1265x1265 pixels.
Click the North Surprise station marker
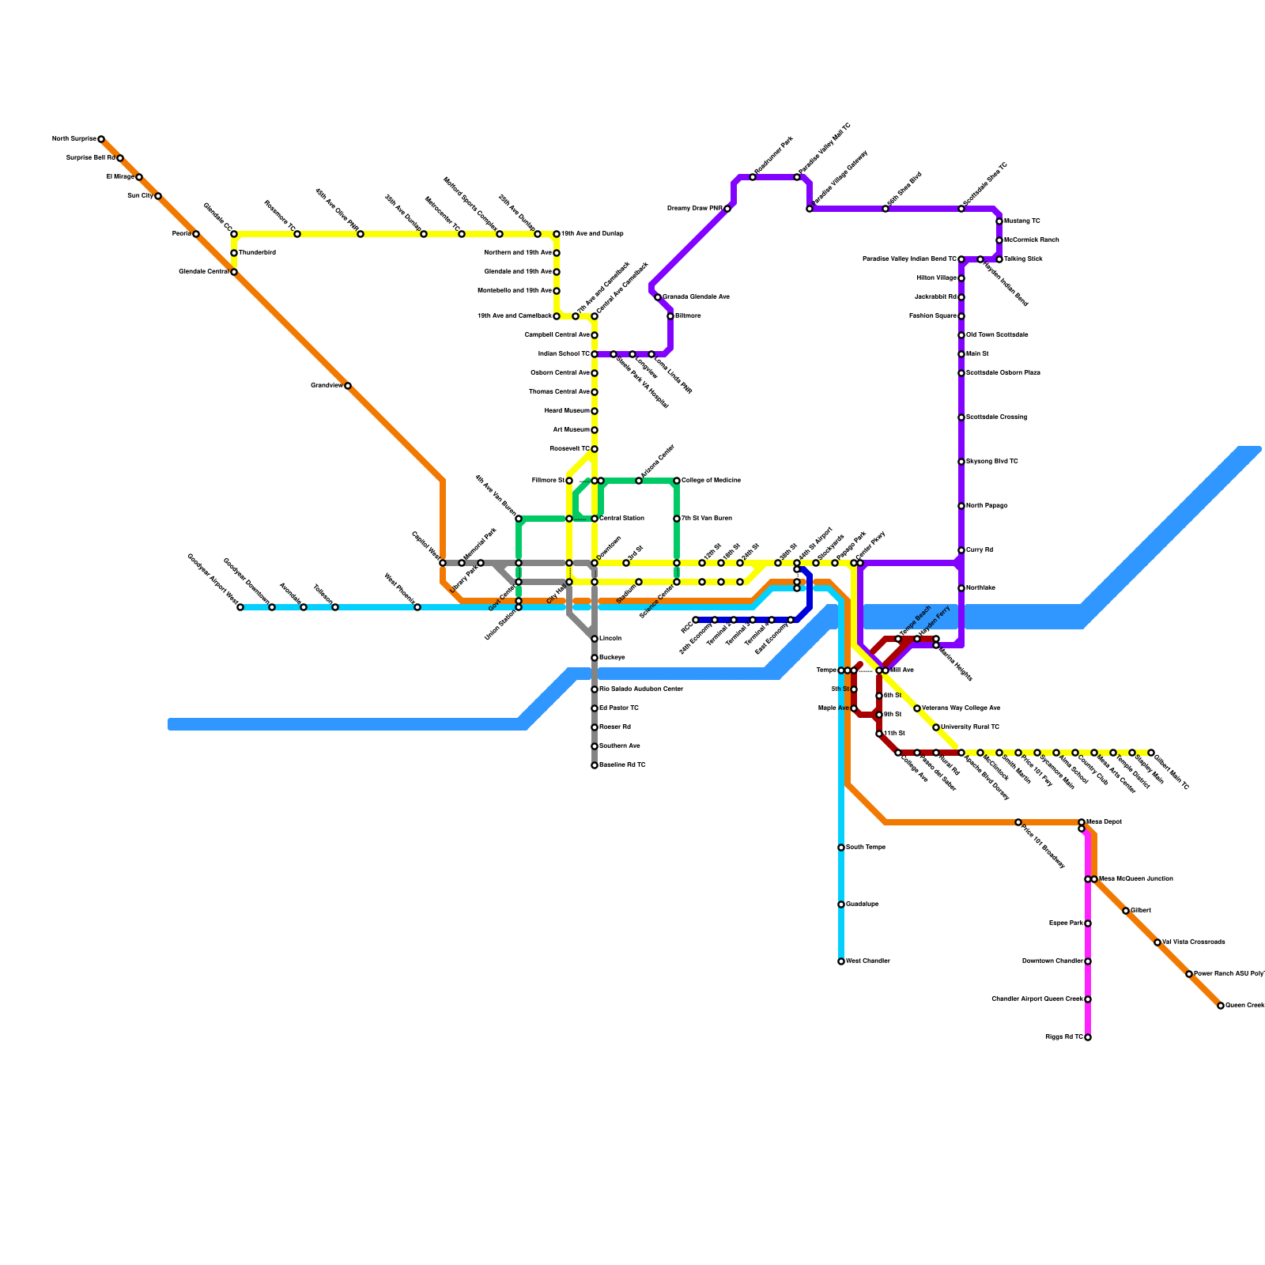(101, 139)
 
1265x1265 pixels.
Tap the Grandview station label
(326, 386)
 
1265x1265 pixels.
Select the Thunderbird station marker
(234, 253)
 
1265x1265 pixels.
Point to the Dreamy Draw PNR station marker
(727, 209)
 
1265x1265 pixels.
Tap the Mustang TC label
(1022, 221)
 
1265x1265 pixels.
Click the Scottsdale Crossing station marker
(961, 417)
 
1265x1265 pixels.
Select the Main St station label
(977, 354)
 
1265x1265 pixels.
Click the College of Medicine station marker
(677, 481)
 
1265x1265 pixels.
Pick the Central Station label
(622, 519)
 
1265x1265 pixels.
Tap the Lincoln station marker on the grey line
(595, 639)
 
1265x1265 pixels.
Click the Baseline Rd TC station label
(622, 765)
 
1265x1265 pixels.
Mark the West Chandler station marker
(841, 961)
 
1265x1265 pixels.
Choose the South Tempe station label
(866, 848)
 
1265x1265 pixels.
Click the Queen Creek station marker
(1221, 1006)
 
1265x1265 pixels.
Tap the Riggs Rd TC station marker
(1088, 1037)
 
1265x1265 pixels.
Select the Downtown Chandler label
(1052, 961)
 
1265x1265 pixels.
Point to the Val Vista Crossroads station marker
(1157, 942)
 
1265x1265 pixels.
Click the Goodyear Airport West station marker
(240, 607)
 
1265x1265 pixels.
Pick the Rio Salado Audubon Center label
(641, 689)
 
